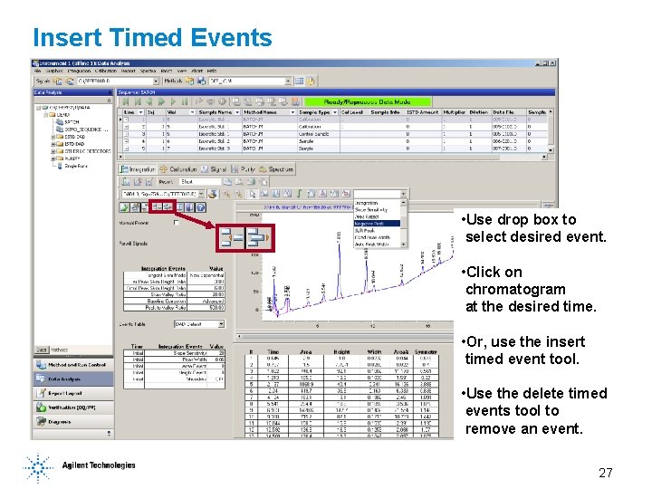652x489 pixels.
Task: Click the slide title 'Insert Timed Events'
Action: (152, 37)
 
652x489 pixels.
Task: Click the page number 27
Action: (606, 473)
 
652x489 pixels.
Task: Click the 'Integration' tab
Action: (139, 169)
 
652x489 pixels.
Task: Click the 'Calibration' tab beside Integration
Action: (182, 169)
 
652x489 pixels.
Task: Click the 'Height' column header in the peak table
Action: (340, 351)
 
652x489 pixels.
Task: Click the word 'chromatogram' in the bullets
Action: (514, 289)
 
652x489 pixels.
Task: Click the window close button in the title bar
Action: (553, 63)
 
